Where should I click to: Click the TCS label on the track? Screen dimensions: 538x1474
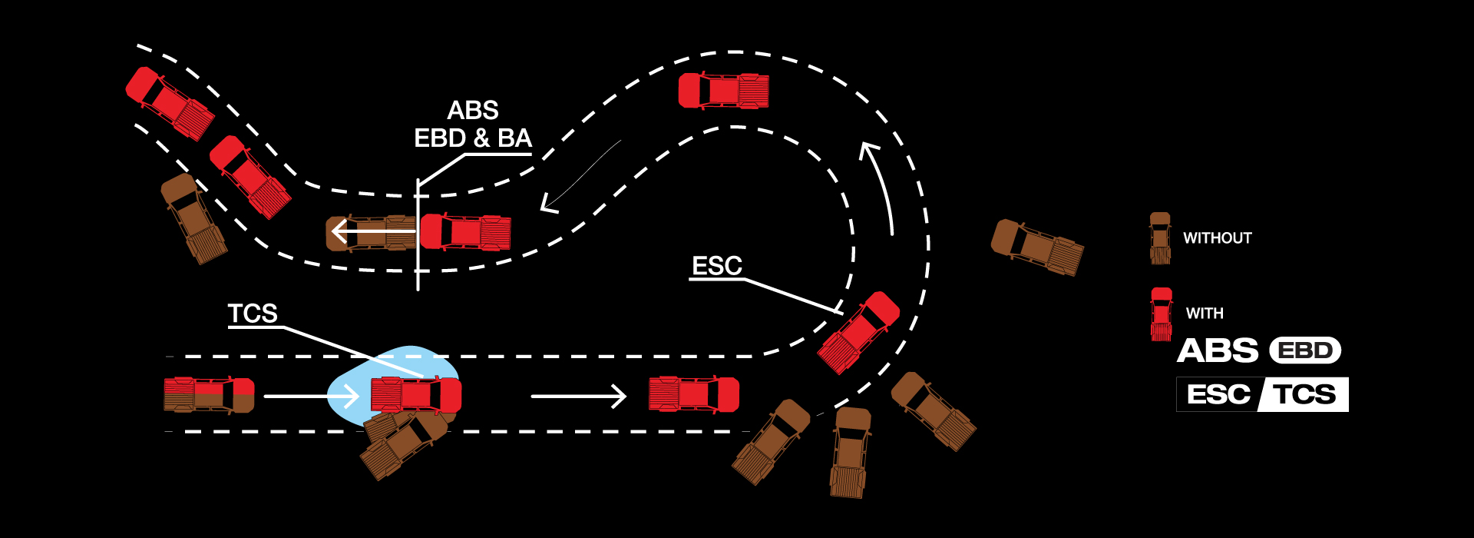pyautogui.click(x=253, y=314)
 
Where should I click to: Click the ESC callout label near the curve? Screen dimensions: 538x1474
pyautogui.click(x=717, y=266)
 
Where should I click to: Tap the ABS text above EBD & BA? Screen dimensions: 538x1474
pyautogui.click(x=473, y=111)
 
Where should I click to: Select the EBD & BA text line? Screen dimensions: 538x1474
pyautogui.click(x=473, y=138)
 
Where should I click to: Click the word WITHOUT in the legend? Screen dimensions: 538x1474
pyautogui.click(x=1217, y=238)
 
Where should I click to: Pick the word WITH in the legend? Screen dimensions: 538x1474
pyautogui.click(x=1205, y=314)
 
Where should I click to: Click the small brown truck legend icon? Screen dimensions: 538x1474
pyautogui.click(x=1160, y=238)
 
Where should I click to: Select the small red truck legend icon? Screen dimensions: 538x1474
pyautogui.click(x=1162, y=314)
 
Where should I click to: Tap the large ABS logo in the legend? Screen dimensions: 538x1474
pyautogui.click(x=1218, y=351)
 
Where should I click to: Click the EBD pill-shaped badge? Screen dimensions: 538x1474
pyautogui.click(x=1305, y=351)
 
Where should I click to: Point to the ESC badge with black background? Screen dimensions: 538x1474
pyautogui.click(x=1218, y=395)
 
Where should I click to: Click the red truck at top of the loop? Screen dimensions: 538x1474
pyautogui.click(x=723, y=91)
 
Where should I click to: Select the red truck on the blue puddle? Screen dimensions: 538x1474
pyautogui.click(x=416, y=394)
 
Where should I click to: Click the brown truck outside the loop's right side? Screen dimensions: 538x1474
pyautogui.click(x=1037, y=247)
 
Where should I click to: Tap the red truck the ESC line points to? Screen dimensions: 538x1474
pyautogui.click(x=858, y=332)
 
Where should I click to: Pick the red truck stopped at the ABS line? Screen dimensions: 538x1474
pyautogui.click(x=465, y=232)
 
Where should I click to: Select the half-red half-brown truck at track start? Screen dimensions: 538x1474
pyautogui.click(x=209, y=394)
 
